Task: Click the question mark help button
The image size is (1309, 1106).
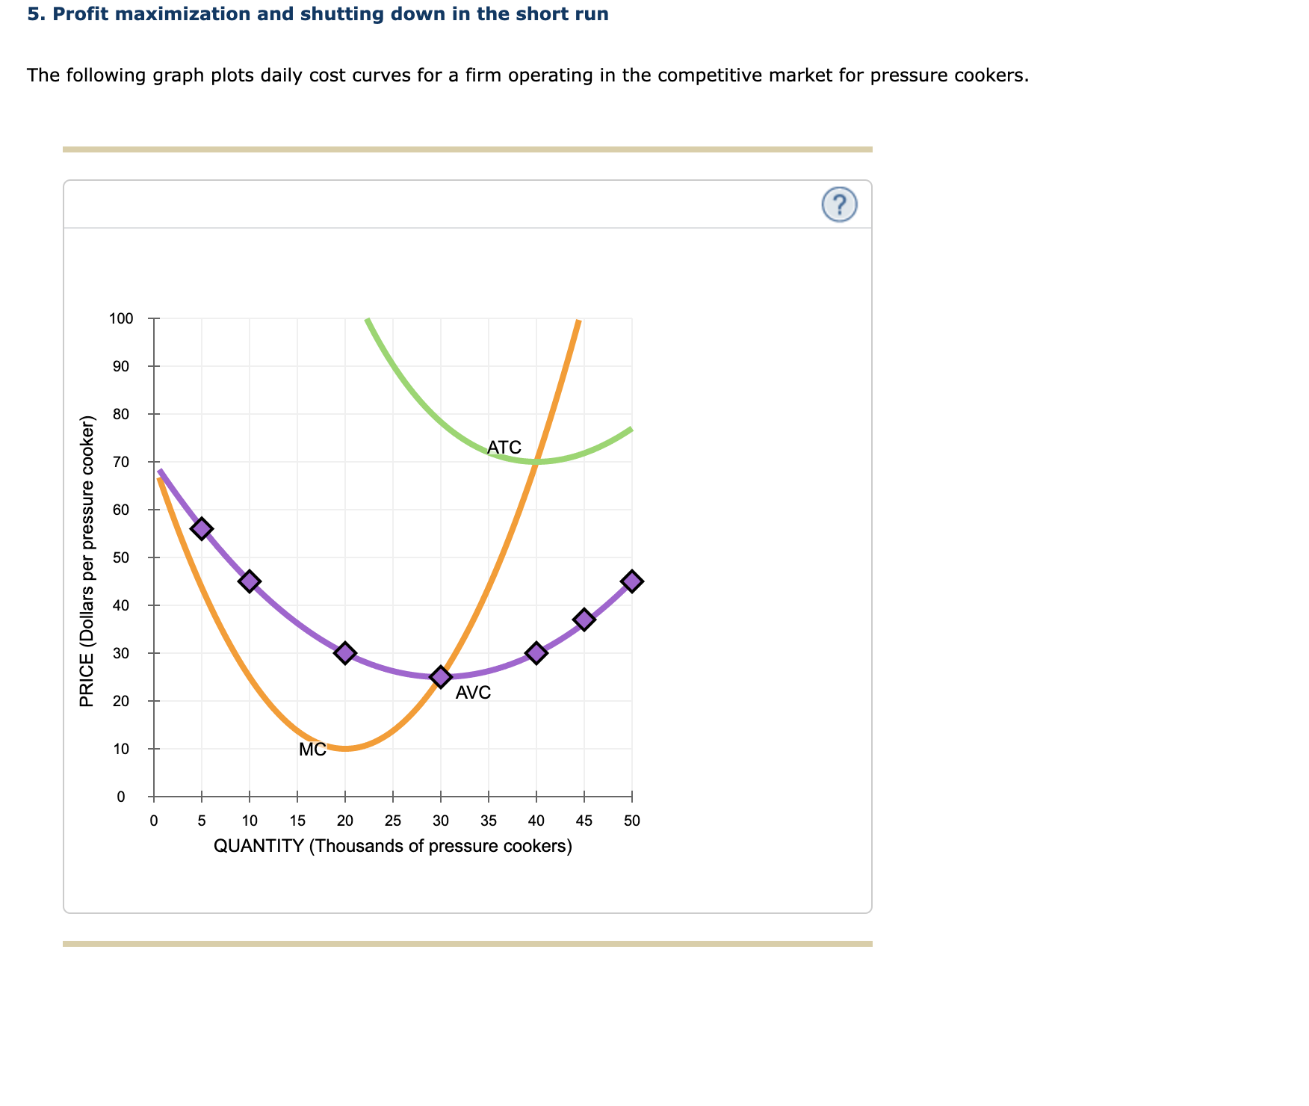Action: coord(839,204)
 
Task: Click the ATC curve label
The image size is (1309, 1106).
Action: coord(504,448)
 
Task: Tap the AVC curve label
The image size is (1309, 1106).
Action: coord(473,693)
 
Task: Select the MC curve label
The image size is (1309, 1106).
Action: coord(312,750)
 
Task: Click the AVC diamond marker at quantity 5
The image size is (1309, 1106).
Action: coord(202,528)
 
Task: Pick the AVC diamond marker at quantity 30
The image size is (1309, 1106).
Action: coord(441,677)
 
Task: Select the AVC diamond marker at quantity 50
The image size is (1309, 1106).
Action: coord(632,581)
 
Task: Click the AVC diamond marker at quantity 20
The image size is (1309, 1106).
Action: coord(345,653)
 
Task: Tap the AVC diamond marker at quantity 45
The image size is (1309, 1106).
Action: coord(584,620)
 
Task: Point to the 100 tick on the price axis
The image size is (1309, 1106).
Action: coord(121,319)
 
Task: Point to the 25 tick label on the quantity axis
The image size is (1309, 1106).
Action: coord(393,821)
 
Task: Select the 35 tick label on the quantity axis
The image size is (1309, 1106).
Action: coord(489,821)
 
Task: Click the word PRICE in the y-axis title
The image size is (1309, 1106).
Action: coord(87,680)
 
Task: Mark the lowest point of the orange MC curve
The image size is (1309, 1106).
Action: coord(345,748)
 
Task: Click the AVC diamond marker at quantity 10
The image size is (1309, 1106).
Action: coord(250,581)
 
